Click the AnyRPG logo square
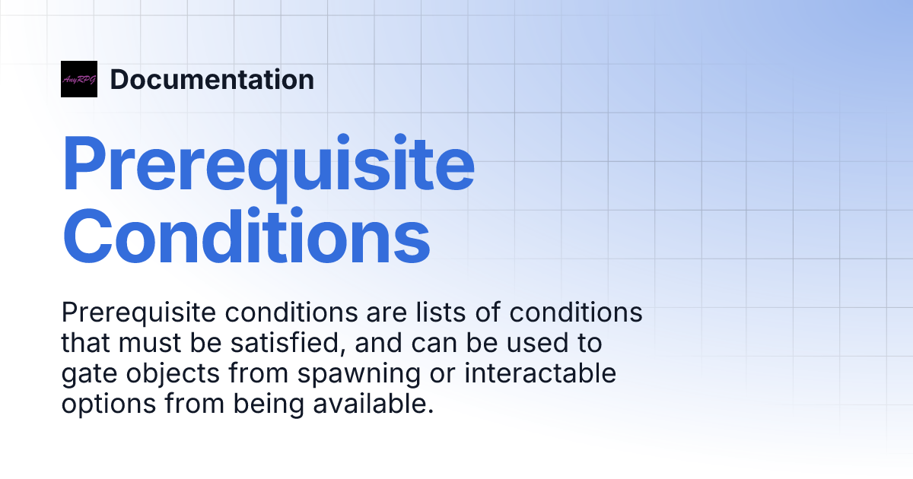(x=79, y=79)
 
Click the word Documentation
(x=212, y=79)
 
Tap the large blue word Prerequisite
(x=268, y=165)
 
